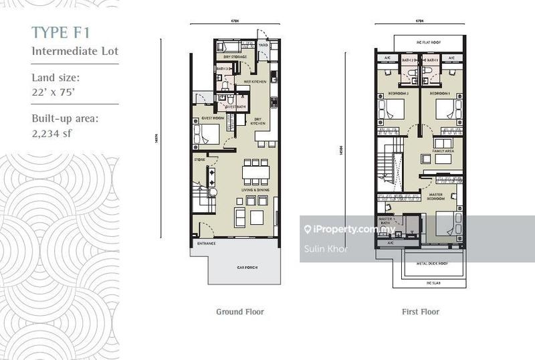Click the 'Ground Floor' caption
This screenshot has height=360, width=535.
(239, 312)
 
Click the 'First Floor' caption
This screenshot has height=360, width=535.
(421, 312)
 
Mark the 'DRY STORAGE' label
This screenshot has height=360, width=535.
(235, 57)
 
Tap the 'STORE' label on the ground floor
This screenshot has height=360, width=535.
(199, 160)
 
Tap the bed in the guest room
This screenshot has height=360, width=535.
(207, 134)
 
